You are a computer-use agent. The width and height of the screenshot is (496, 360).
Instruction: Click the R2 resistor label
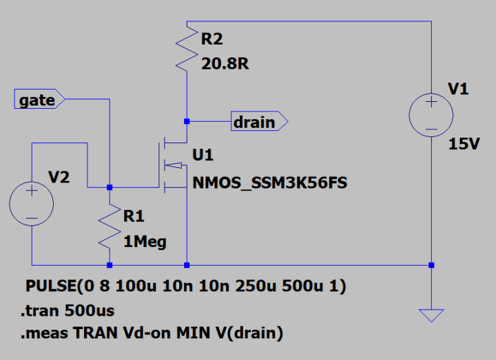coord(212,39)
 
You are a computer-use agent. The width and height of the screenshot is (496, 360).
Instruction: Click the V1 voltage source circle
coord(431,114)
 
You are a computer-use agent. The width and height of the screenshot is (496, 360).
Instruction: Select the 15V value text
coord(464,144)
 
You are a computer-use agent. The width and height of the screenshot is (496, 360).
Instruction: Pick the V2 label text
coord(59,178)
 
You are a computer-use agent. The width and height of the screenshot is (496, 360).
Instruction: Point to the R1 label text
coord(134,217)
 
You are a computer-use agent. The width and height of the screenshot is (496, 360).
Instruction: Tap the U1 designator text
coord(203,156)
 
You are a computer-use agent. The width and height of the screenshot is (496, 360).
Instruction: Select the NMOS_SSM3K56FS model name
coord(269,183)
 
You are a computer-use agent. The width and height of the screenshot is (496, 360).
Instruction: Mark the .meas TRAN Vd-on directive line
coord(152,335)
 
